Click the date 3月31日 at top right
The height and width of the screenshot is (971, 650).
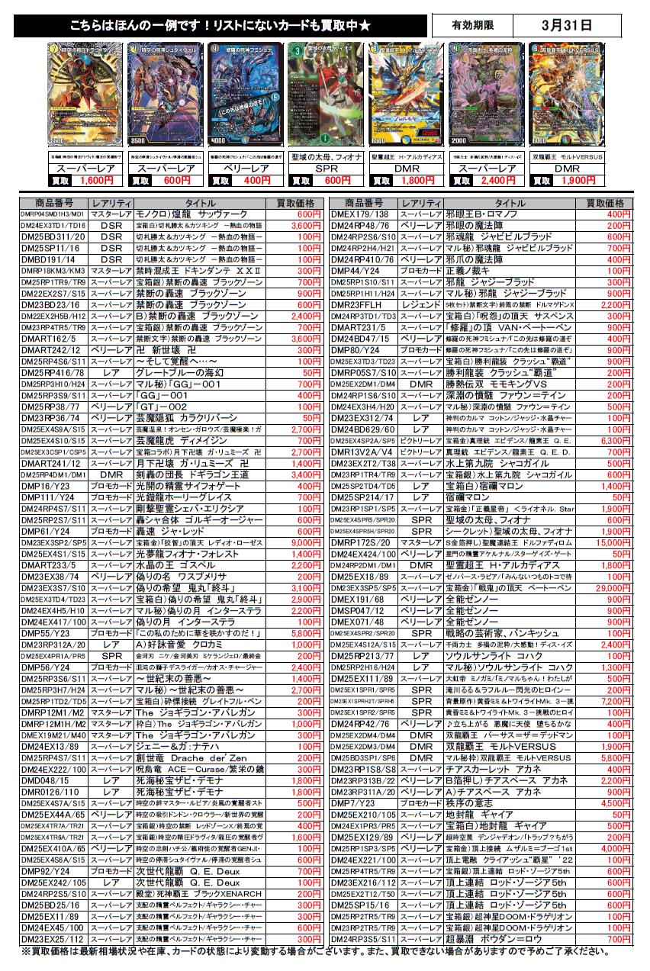point(566,26)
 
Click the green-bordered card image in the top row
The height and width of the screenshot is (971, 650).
point(316,95)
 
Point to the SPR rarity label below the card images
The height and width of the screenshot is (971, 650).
point(327,168)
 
